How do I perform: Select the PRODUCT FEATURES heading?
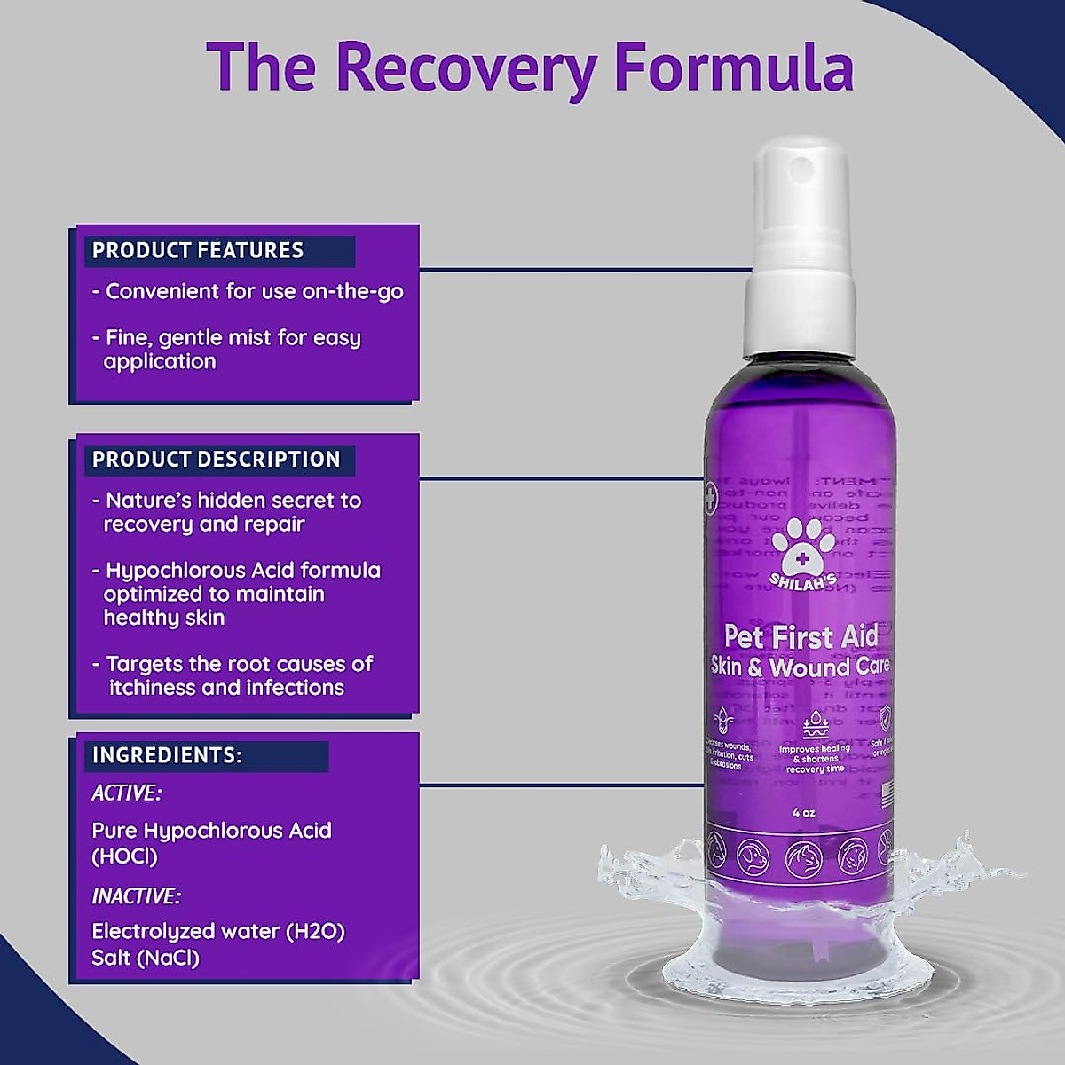pos(198,250)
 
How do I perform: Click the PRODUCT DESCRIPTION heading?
pos(217,459)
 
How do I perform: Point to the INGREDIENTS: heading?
pos(167,755)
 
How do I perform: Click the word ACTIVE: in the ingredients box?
pos(126,793)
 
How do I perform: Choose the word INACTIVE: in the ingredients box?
pos(136,896)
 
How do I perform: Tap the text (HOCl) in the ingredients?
pos(124,856)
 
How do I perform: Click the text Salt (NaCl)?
pos(146,958)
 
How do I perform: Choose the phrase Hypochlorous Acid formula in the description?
pos(243,570)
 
